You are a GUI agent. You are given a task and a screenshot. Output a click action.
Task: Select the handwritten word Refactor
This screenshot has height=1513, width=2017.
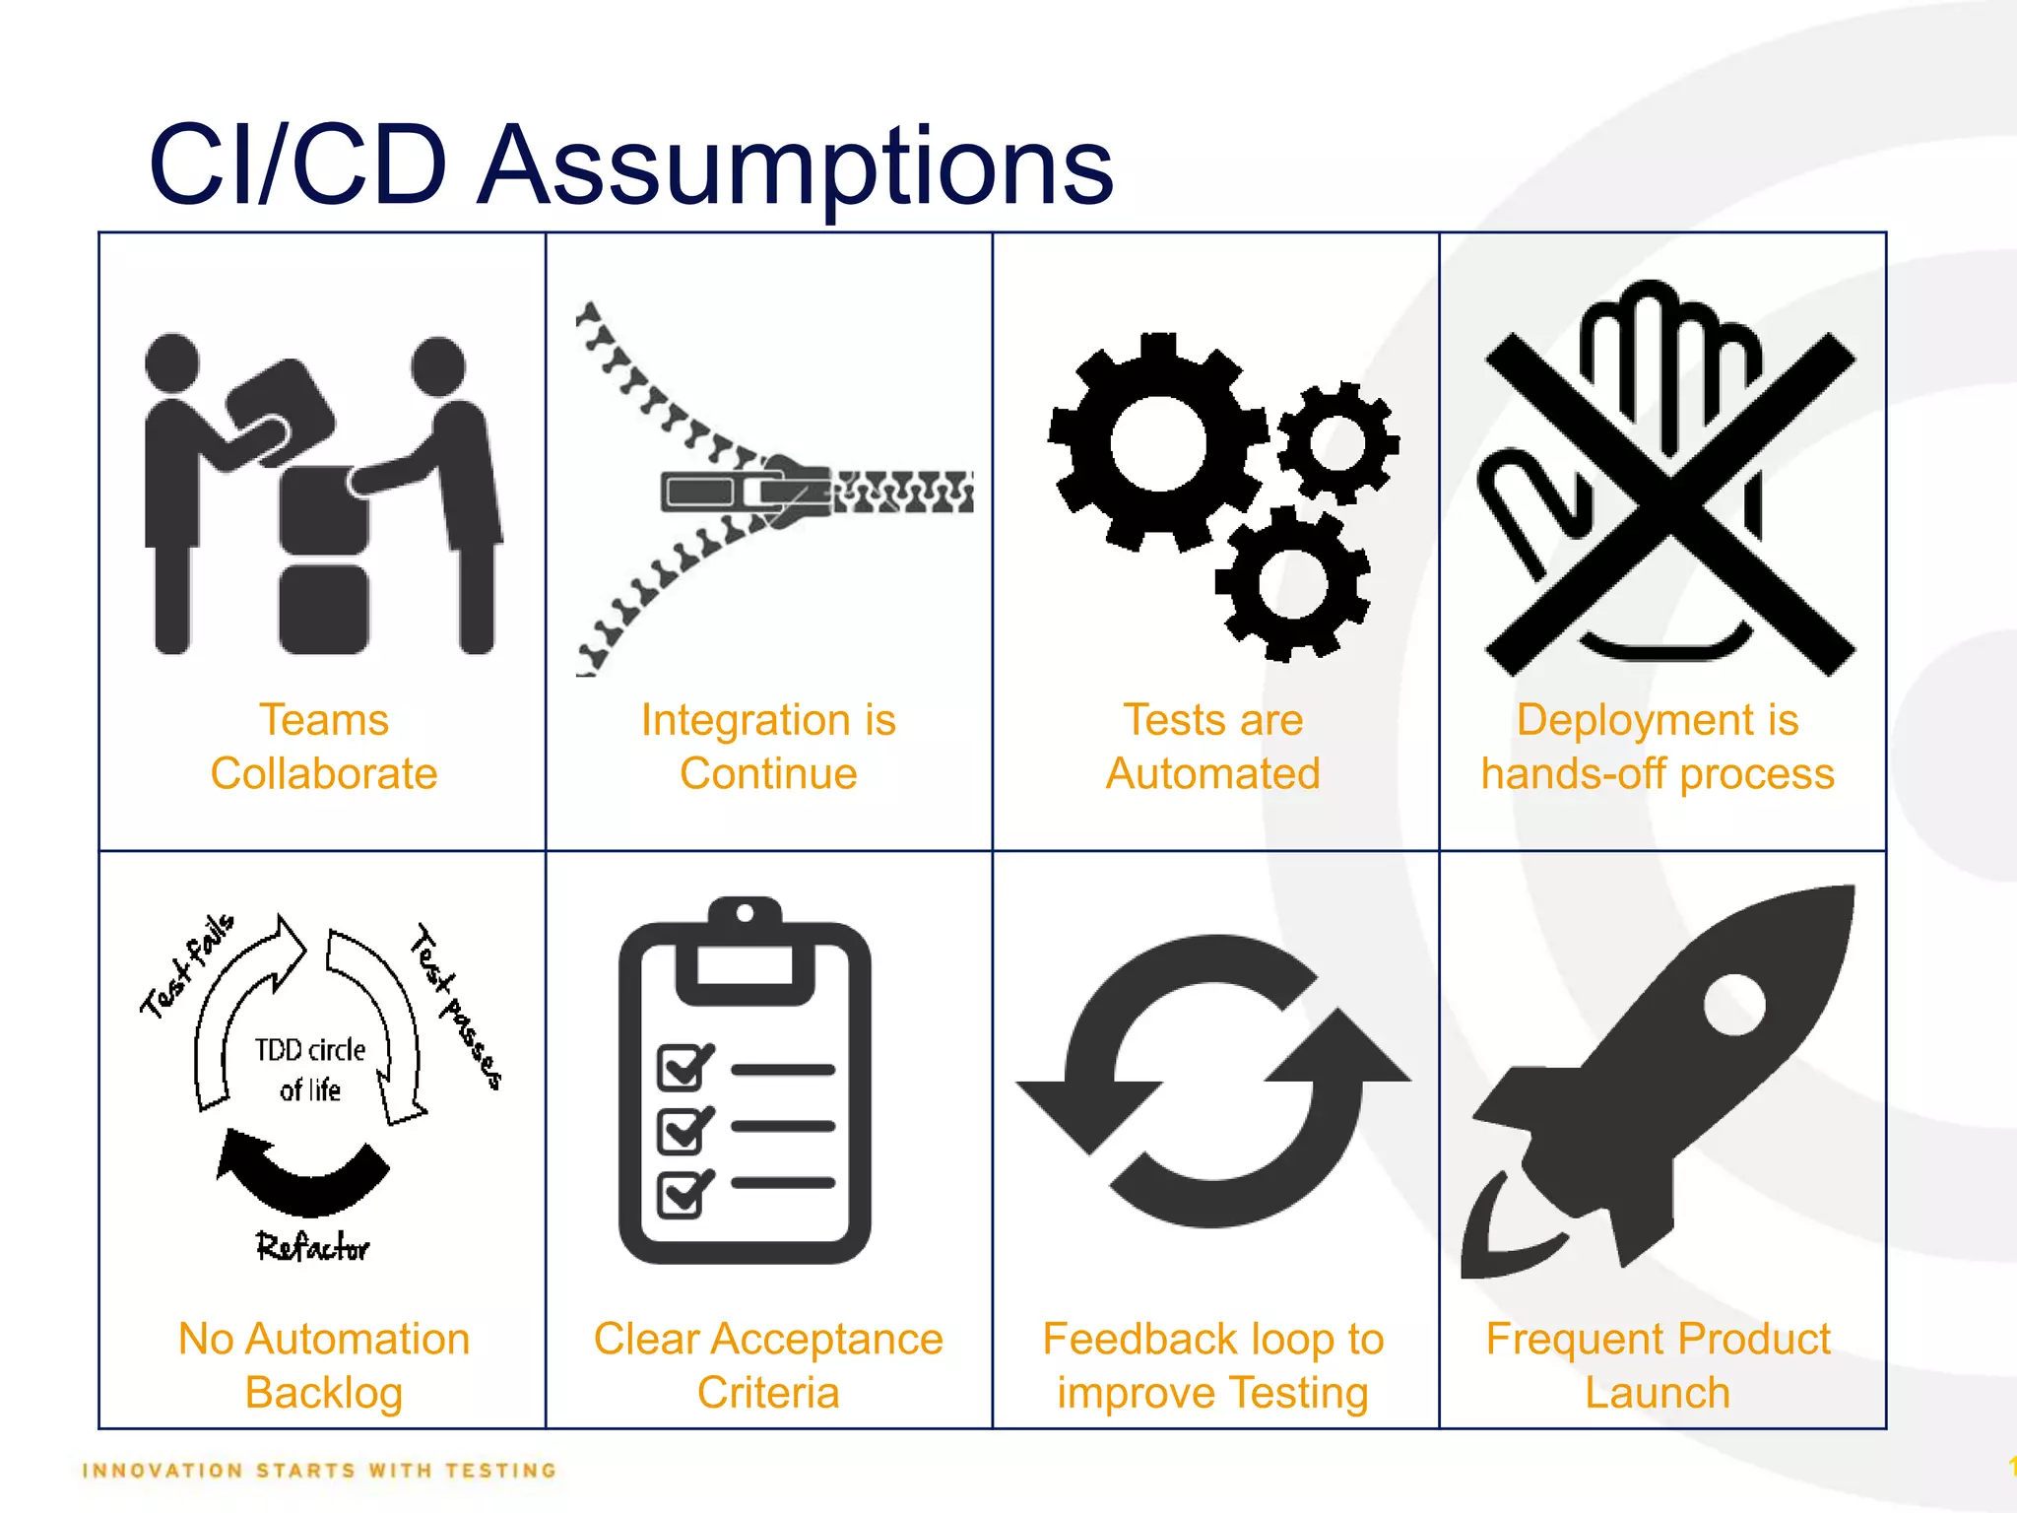[312, 1247]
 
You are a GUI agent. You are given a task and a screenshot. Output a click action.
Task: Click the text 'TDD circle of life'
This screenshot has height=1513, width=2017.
[310, 1070]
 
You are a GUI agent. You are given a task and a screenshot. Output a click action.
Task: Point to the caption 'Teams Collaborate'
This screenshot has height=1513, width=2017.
[323, 747]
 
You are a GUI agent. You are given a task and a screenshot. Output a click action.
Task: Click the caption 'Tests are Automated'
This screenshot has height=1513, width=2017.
[1212, 747]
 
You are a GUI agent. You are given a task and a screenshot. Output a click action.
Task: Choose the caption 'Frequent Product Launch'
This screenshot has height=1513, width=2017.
[1658, 1365]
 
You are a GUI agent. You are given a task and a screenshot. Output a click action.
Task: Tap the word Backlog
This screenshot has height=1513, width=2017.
[323, 1393]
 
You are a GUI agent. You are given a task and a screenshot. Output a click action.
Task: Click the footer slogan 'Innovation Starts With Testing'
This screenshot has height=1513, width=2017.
[319, 1471]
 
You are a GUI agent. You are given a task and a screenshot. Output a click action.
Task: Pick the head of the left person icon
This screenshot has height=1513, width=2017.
[172, 362]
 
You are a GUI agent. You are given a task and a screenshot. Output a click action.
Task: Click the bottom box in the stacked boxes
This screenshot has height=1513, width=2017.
[323, 608]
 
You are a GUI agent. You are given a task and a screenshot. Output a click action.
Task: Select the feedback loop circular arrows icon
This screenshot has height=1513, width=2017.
[1212, 1081]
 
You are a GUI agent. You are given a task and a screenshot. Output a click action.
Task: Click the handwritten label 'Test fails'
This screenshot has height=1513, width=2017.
[187, 965]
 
